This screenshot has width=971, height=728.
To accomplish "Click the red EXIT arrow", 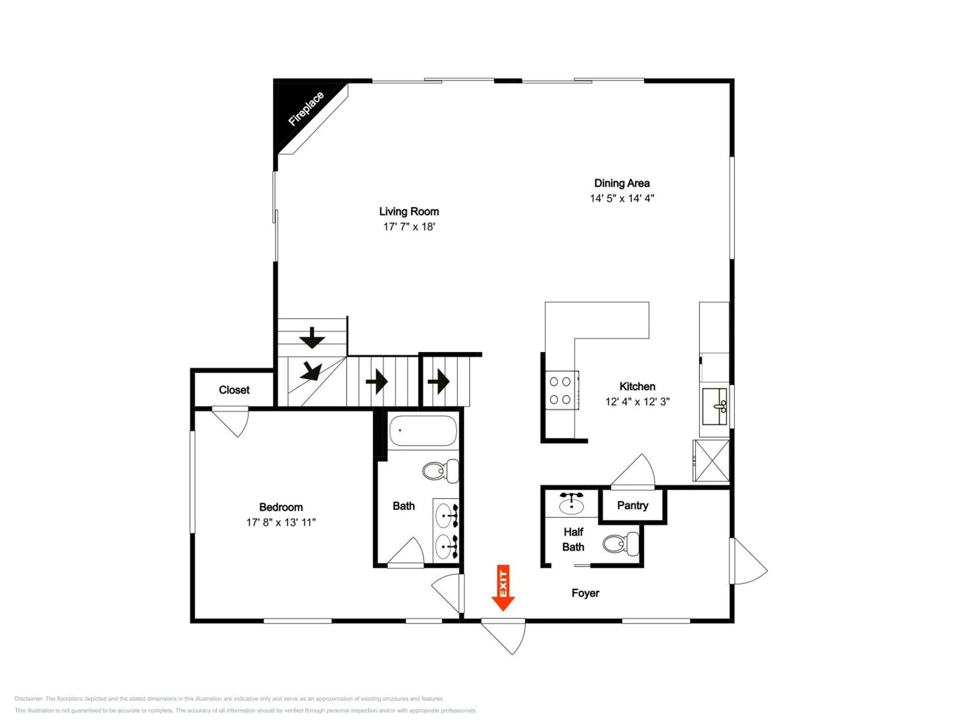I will (x=503, y=588).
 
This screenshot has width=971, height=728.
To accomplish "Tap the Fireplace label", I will (x=306, y=108).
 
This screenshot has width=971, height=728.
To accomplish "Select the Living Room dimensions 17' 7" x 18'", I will (x=409, y=227).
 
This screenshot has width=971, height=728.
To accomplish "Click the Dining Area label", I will (x=621, y=183).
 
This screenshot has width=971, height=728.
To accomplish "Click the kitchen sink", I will (x=715, y=406).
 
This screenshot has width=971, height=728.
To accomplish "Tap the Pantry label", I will (x=632, y=505).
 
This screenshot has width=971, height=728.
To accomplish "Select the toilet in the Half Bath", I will (x=621, y=544).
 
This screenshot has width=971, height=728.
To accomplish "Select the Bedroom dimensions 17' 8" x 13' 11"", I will (x=281, y=522).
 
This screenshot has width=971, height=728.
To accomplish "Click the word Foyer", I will (x=585, y=593).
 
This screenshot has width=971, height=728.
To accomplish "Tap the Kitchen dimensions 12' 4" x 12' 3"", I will (x=637, y=402).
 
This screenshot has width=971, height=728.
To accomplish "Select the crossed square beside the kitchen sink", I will (x=711, y=460).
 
